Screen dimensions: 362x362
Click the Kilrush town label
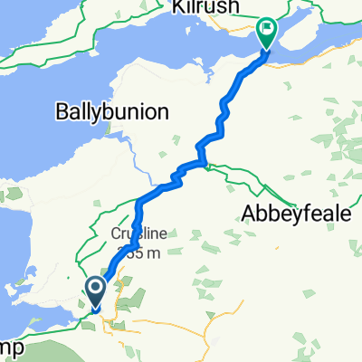(198, 7)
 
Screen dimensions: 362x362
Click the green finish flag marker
(268, 34)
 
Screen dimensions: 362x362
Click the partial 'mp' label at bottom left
(10, 347)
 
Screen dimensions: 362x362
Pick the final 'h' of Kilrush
(227, 7)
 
